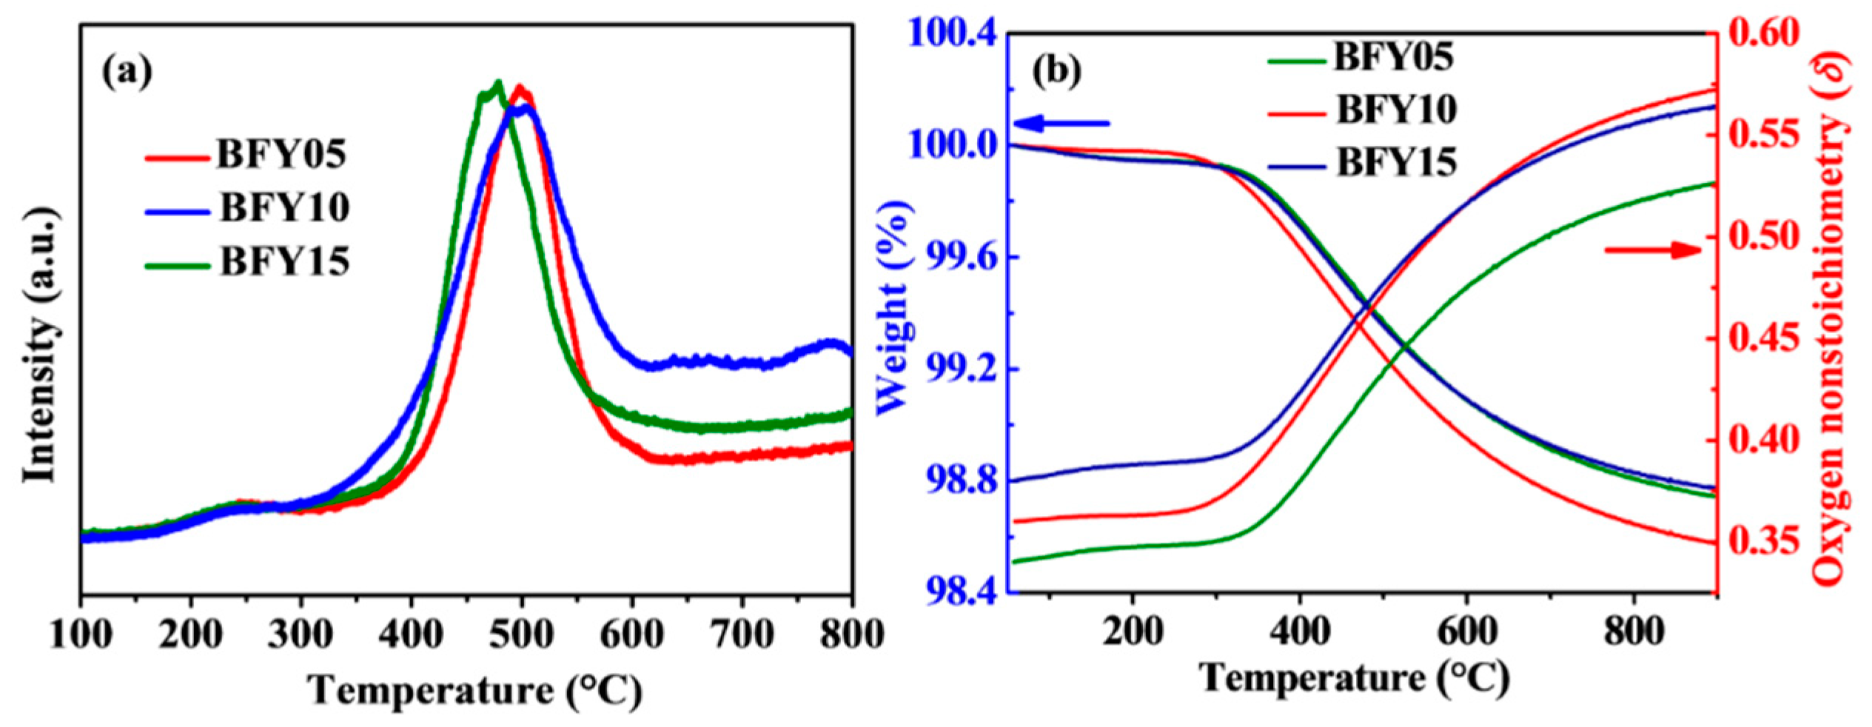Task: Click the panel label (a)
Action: pyautogui.click(x=127, y=73)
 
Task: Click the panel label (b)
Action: pyautogui.click(x=1056, y=70)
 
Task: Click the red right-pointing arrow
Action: pyautogui.click(x=1654, y=250)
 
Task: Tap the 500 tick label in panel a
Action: pyautogui.click(x=523, y=634)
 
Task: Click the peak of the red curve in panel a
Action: pyautogui.click(x=520, y=87)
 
